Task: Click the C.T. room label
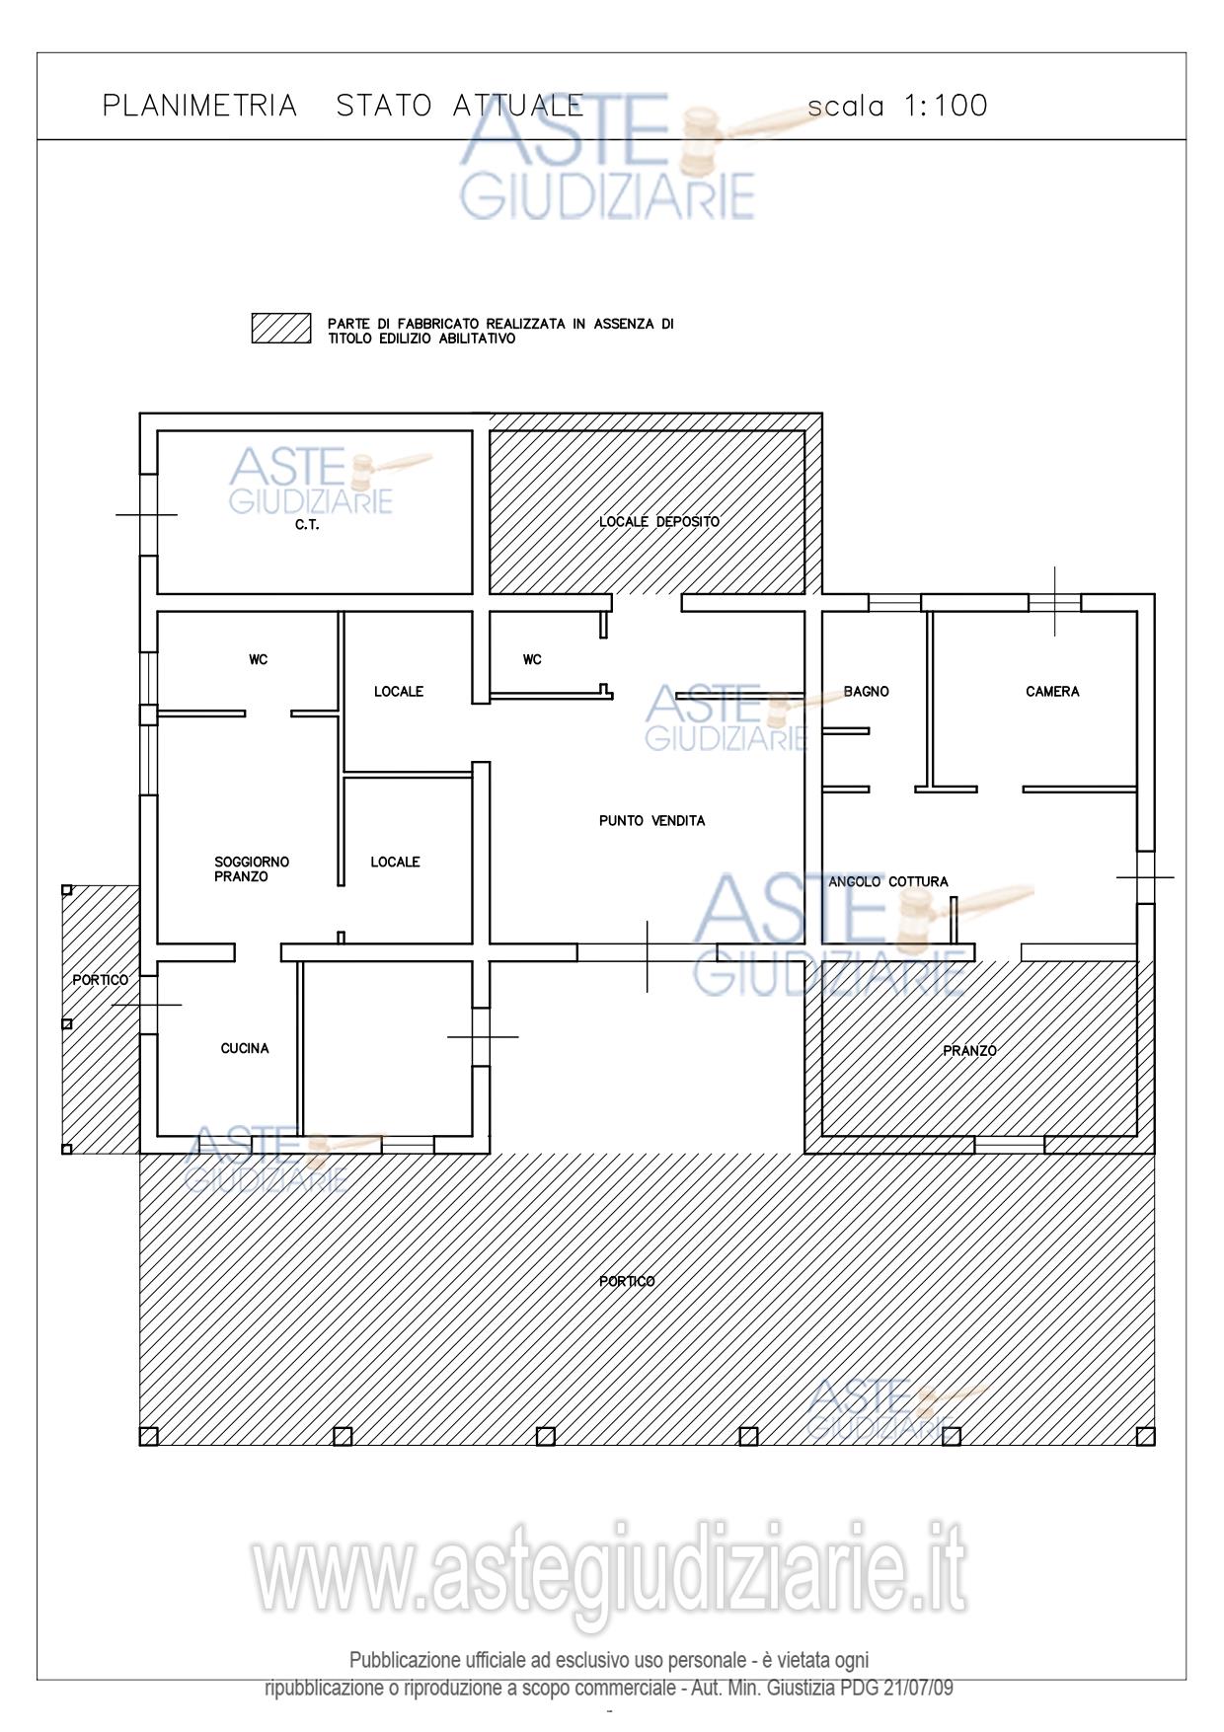[307, 525]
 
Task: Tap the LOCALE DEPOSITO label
[659, 521]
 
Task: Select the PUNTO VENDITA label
[652, 820]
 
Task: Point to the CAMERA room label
[1052, 692]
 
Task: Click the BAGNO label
[867, 692]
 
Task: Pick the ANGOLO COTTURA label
[888, 881]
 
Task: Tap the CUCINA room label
[245, 1048]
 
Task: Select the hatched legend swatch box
[281, 329]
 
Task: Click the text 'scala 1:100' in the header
[897, 106]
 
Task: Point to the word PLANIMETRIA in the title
[200, 106]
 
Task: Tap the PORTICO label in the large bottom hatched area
[627, 1281]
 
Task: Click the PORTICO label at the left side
[100, 980]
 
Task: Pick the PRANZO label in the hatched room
[969, 1051]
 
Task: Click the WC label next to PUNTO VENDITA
[532, 659]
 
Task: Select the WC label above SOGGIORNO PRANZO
[258, 659]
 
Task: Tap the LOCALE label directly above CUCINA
[395, 862]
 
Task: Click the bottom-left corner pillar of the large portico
[149, 1436]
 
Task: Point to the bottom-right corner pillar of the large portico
[1146, 1436]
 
